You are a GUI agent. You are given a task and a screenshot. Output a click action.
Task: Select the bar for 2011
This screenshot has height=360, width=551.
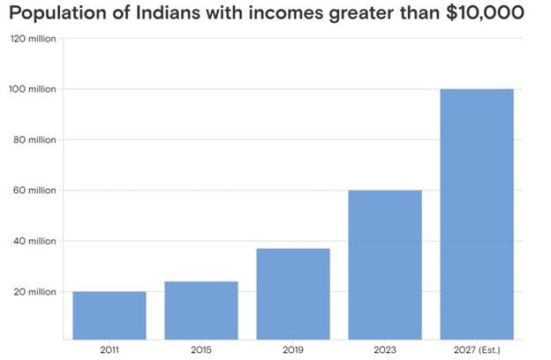109,315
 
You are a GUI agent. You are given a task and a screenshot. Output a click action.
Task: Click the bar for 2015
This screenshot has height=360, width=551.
201,310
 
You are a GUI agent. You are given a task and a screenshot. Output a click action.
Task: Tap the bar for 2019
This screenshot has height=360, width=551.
293,294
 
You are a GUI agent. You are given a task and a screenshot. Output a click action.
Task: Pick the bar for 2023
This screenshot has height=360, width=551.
385,265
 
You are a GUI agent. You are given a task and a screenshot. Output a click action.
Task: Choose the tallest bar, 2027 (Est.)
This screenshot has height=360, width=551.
477,214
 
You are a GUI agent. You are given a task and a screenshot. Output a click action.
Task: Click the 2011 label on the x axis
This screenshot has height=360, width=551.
109,349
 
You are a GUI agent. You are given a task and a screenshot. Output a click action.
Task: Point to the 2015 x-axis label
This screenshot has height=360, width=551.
201,349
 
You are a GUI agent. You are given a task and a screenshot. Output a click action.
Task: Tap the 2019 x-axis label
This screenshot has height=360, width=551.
293,349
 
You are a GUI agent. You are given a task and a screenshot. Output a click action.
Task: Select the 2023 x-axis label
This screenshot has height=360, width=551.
385,349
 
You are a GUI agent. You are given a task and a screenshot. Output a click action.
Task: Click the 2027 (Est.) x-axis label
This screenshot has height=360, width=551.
477,349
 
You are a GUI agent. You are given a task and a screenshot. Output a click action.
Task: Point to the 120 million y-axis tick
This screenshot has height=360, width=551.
33,39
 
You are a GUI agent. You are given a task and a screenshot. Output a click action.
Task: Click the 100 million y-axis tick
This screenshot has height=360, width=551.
33,89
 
